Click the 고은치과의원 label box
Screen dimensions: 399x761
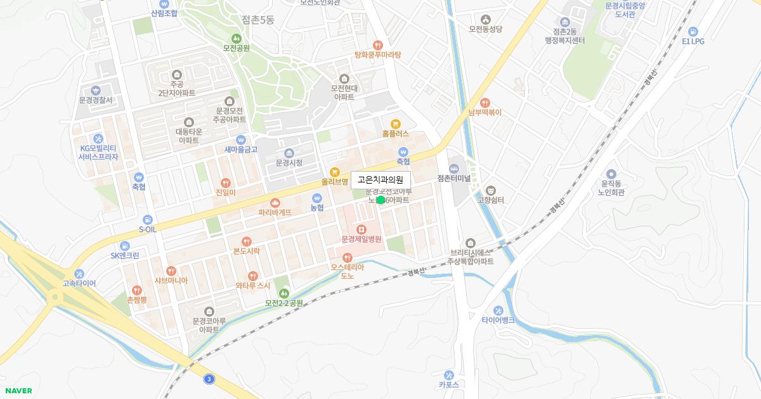tap(380, 180)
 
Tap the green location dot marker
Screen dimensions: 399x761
tap(380, 200)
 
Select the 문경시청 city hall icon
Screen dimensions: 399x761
tap(289, 153)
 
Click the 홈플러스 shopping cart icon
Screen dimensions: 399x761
tap(395, 124)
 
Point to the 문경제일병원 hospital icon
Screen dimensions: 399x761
tap(361, 229)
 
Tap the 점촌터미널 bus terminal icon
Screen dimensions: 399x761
tap(453, 168)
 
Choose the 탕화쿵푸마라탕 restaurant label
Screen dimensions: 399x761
tap(378, 54)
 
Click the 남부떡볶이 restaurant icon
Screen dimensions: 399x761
tap(485, 103)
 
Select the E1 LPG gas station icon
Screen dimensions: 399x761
tap(693, 31)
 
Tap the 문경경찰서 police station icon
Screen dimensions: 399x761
tap(96, 91)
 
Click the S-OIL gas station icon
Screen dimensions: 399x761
tap(147, 219)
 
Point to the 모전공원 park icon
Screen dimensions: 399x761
tap(236, 37)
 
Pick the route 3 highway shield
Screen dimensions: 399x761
tap(209, 379)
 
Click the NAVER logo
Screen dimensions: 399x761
tap(18, 391)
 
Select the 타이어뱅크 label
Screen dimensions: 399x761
tap(498, 320)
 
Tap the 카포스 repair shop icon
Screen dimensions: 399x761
tap(448, 374)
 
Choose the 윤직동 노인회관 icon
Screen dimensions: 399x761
tap(611, 174)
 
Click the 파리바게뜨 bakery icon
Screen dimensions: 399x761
tap(275, 203)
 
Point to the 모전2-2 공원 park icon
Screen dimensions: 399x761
tap(284, 293)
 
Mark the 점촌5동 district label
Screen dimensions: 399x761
tap(258, 20)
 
